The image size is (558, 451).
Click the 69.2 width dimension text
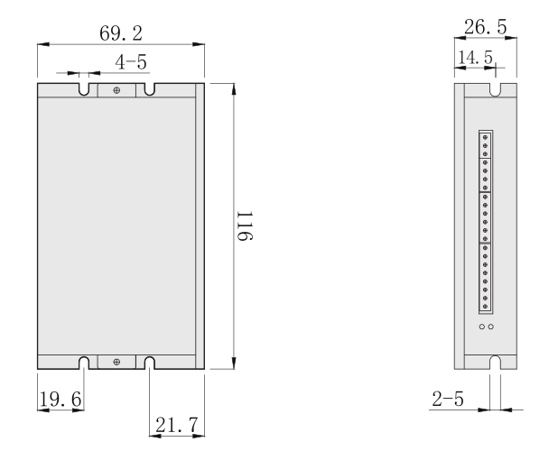tap(120, 34)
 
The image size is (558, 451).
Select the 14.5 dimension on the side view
tap(476, 58)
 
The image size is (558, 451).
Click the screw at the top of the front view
tap(116, 90)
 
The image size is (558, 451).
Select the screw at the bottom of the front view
tap(116, 362)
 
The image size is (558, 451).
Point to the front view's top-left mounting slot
tap(83, 90)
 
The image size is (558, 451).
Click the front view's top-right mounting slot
tap(149, 90)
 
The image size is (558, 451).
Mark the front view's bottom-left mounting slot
tap(83, 362)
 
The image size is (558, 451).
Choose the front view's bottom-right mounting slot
tap(149, 362)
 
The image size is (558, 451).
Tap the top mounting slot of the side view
tap(495, 90)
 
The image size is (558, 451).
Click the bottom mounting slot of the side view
tap(495, 362)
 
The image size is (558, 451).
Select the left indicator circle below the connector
tap(482, 327)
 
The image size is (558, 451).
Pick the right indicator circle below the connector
tap(491, 327)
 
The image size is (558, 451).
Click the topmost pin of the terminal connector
tap(486, 136)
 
